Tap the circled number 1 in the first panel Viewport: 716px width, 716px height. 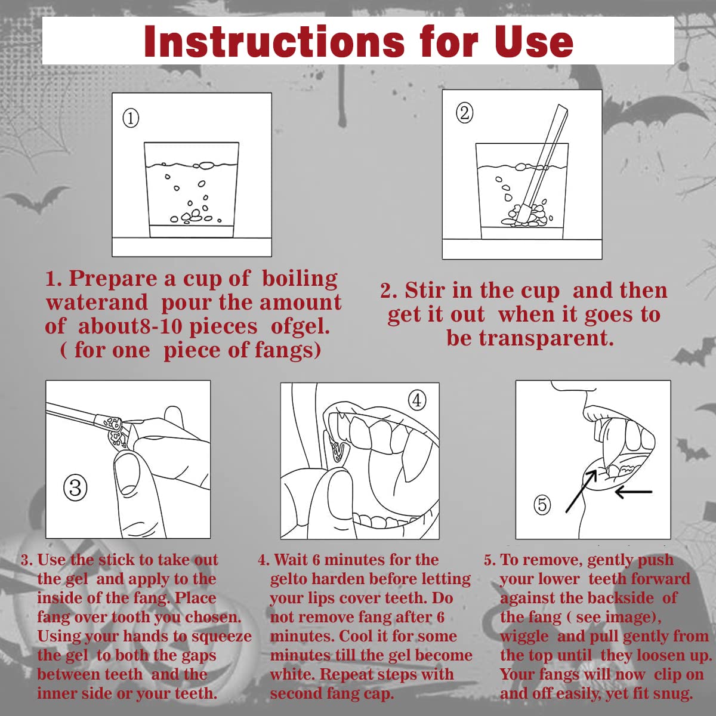(131, 119)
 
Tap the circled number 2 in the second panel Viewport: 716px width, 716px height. (464, 113)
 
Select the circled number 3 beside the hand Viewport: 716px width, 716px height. (75, 487)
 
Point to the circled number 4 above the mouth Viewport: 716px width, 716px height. (417, 400)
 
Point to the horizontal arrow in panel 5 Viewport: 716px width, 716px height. (634, 492)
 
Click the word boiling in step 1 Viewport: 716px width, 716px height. (300, 279)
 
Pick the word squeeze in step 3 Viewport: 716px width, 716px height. (221, 636)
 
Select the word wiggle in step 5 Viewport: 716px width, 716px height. (524, 637)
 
